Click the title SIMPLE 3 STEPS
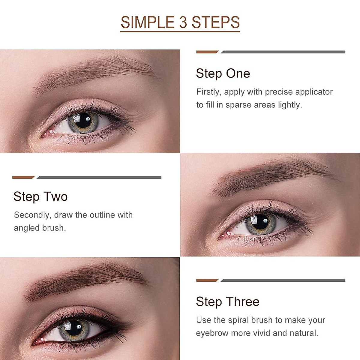pyautogui.click(x=180, y=22)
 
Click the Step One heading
pyautogui.click(x=223, y=73)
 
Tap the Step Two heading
pyautogui.click(x=40, y=197)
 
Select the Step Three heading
pyautogui.click(x=227, y=302)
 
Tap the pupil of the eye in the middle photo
pyautogui.click(x=261, y=222)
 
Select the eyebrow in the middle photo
pyautogui.click(x=270, y=175)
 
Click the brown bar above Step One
pyautogui.click(x=207, y=52)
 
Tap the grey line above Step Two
pyautogui.click(x=99, y=177)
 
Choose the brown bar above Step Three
pyautogui.click(x=207, y=280)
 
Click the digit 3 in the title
pyautogui.click(x=183, y=22)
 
